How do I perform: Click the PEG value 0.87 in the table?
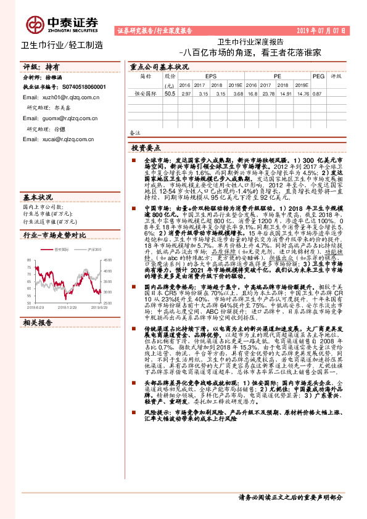point(317,94)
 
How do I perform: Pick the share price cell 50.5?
point(170,94)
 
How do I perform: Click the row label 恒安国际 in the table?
point(144,94)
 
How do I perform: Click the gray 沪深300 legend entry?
point(93,231)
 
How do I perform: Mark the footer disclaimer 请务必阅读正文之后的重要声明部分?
point(291,497)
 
